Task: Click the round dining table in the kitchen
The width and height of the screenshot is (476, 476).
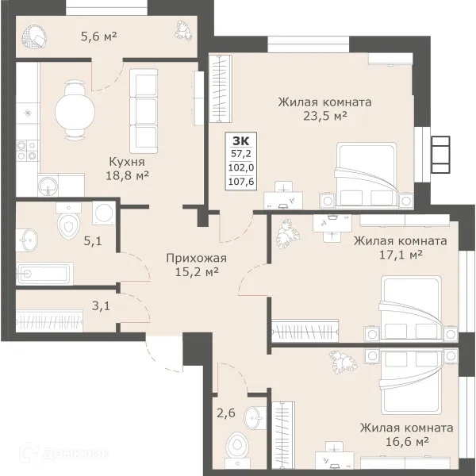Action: pyautogui.click(x=75, y=112)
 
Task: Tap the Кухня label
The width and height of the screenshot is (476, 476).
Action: pyautogui.click(x=127, y=162)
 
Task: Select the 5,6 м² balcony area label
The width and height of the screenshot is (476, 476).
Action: pyautogui.click(x=98, y=36)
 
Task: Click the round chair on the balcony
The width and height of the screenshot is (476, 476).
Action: pyautogui.click(x=34, y=37)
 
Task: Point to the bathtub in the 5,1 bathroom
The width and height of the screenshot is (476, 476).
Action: pyautogui.click(x=44, y=274)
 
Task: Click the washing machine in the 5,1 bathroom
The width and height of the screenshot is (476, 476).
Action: pyautogui.click(x=104, y=213)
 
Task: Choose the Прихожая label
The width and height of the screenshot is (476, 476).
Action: pyautogui.click(x=197, y=259)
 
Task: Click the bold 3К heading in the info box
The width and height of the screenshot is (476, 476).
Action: pyautogui.click(x=240, y=141)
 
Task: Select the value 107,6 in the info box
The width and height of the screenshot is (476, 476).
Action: pyautogui.click(x=241, y=182)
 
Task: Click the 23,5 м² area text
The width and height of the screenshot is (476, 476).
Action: pyautogui.click(x=325, y=116)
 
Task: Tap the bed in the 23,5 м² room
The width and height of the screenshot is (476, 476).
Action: pyautogui.click(x=366, y=176)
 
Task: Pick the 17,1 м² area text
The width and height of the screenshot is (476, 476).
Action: pyautogui.click(x=401, y=255)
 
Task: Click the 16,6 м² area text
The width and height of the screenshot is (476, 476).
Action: pyautogui.click(x=407, y=441)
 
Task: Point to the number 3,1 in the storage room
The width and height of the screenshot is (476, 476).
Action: pyautogui.click(x=101, y=306)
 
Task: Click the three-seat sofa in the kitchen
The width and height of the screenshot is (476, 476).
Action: pyautogui.click(x=144, y=111)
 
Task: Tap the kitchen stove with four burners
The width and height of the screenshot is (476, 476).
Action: pyautogui.click(x=27, y=151)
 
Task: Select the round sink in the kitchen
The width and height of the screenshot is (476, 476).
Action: pyautogui.click(x=48, y=185)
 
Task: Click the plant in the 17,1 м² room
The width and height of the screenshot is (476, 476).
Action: pyautogui.click(x=287, y=234)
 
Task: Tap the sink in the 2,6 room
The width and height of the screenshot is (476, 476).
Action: pyautogui.click(x=255, y=418)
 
